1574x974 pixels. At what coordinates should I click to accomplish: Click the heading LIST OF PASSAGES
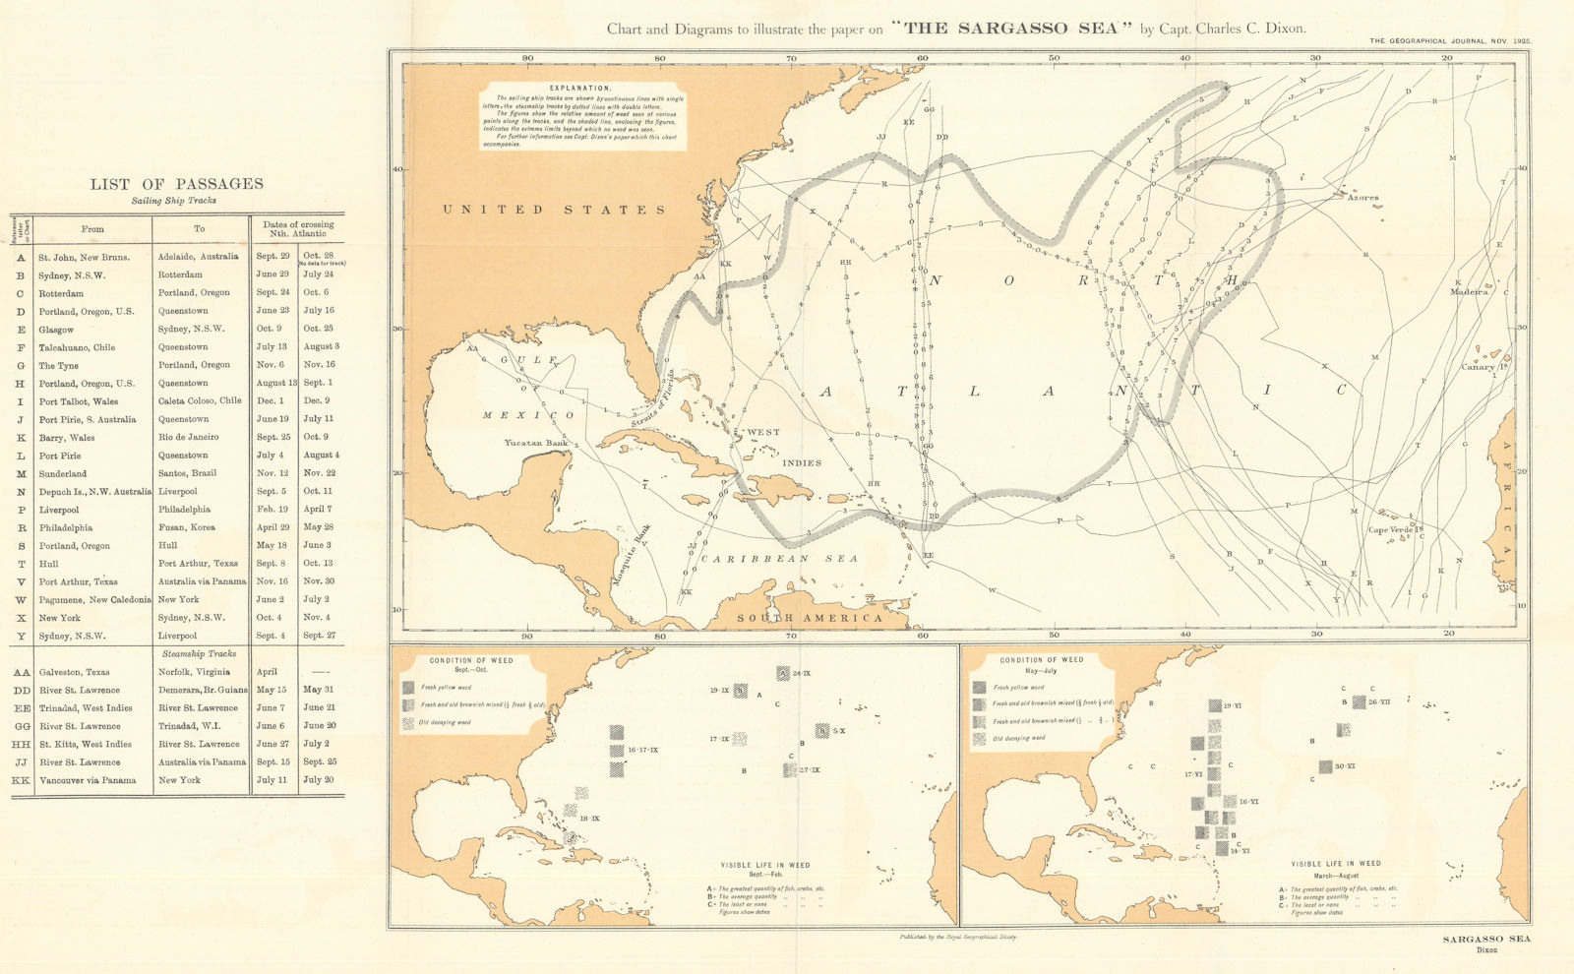[x=177, y=183]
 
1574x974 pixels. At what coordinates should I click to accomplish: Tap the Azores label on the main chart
[x=1362, y=198]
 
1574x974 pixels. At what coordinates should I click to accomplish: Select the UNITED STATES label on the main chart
[x=554, y=210]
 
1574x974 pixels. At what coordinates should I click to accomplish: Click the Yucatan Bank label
[x=536, y=443]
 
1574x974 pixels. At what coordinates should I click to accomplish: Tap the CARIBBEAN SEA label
[x=779, y=558]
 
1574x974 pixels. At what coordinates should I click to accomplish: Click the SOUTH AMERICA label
[x=810, y=618]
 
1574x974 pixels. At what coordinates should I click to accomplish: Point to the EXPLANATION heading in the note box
[x=580, y=89]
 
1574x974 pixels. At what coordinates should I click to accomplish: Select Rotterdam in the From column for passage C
[x=61, y=293]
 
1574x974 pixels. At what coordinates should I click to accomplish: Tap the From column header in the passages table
[x=92, y=228]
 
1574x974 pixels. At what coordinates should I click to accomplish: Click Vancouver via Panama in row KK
[x=92, y=780]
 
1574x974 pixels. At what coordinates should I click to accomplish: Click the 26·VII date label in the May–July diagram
[x=1377, y=701]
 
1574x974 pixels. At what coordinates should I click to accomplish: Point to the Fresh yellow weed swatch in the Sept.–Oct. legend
[x=408, y=688]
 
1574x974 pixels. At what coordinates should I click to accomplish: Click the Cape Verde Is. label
[x=1395, y=529]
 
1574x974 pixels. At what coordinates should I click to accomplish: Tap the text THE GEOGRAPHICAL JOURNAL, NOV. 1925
[x=1450, y=41]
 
